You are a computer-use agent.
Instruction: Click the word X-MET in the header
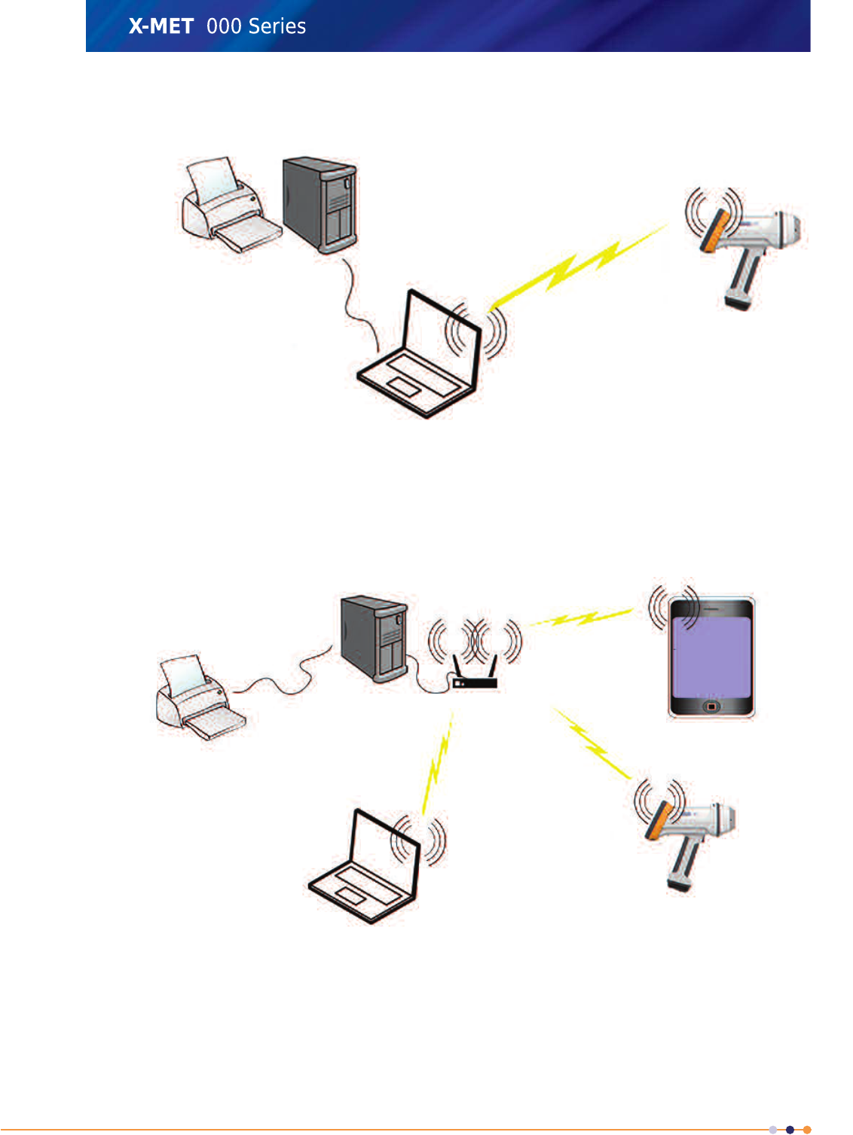point(161,26)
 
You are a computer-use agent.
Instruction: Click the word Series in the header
point(277,26)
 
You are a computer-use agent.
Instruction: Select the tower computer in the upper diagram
point(319,203)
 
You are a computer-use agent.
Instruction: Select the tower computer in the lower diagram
point(375,638)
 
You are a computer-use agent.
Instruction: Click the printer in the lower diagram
point(197,697)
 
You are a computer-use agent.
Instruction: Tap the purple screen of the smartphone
point(711,656)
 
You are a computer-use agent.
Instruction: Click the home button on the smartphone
point(711,707)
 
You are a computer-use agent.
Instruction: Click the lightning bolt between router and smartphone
point(580,618)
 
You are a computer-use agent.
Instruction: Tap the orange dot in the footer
point(807,1130)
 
